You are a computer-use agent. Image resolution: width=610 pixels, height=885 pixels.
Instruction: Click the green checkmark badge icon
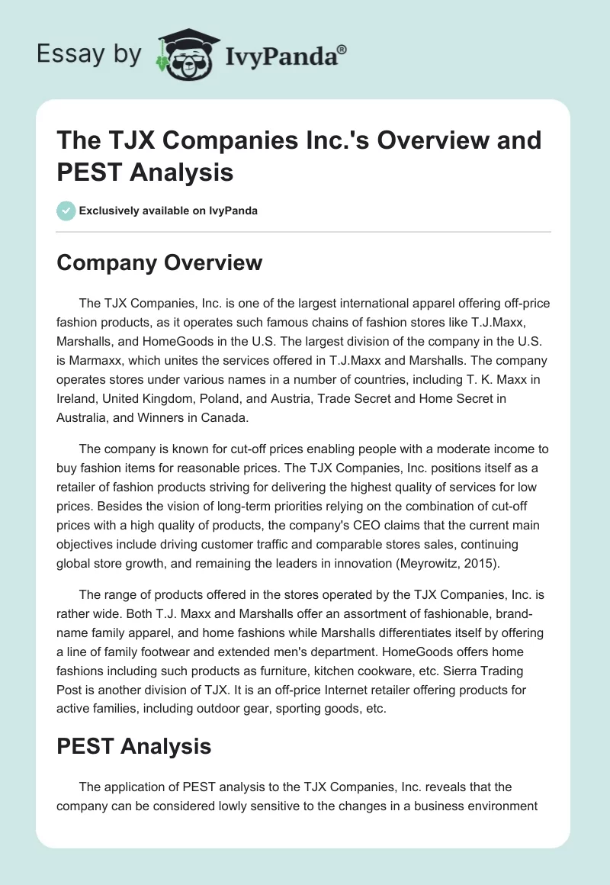click(x=66, y=211)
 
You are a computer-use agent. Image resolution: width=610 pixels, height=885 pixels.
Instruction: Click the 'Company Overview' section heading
click(x=159, y=262)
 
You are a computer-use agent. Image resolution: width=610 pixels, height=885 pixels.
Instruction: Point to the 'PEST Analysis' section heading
click(x=134, y=746)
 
